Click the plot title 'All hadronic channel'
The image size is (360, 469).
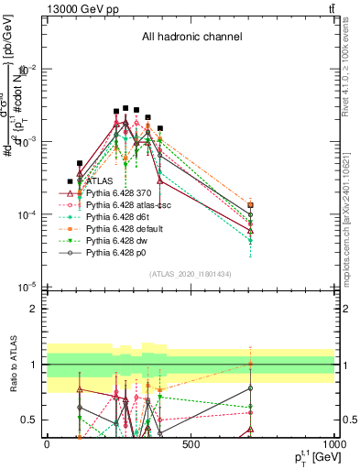191,38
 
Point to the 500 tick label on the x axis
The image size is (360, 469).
191,443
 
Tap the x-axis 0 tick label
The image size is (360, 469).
47,443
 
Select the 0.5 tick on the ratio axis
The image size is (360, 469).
29,420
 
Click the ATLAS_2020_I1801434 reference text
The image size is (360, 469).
191,273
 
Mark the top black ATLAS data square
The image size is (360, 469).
126,107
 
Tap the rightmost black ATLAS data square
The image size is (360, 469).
250,206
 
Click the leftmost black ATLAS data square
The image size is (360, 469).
70,182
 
